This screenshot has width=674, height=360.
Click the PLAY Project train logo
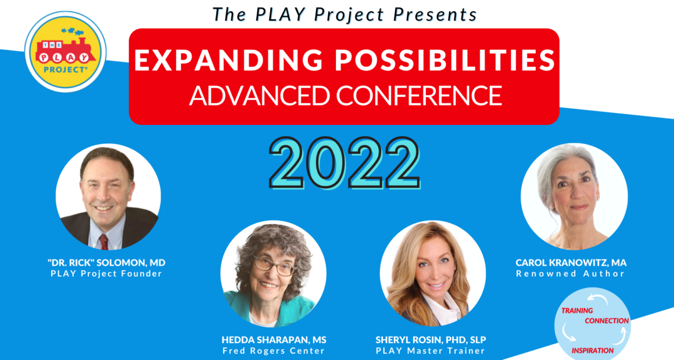[65, 52]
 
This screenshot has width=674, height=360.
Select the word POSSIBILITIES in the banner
[445, 60]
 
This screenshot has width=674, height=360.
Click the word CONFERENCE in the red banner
[419, 95]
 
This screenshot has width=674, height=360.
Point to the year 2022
[345, 163]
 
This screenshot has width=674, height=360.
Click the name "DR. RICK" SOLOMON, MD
[106, 262]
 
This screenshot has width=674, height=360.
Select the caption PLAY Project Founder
[106, 273]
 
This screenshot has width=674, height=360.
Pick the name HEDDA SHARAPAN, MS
[274, 340]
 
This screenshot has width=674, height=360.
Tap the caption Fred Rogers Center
[274, 351]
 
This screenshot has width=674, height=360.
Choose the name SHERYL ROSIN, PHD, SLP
[431, 340]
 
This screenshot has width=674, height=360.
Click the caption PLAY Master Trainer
[431, 351]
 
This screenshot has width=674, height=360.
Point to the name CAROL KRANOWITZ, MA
[571, 262]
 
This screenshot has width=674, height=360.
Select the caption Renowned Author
[571, 273]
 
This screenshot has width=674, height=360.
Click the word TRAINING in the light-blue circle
[578, 310]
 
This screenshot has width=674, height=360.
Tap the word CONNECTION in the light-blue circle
[607, 321]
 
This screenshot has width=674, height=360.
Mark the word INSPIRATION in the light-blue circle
[593, 351]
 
